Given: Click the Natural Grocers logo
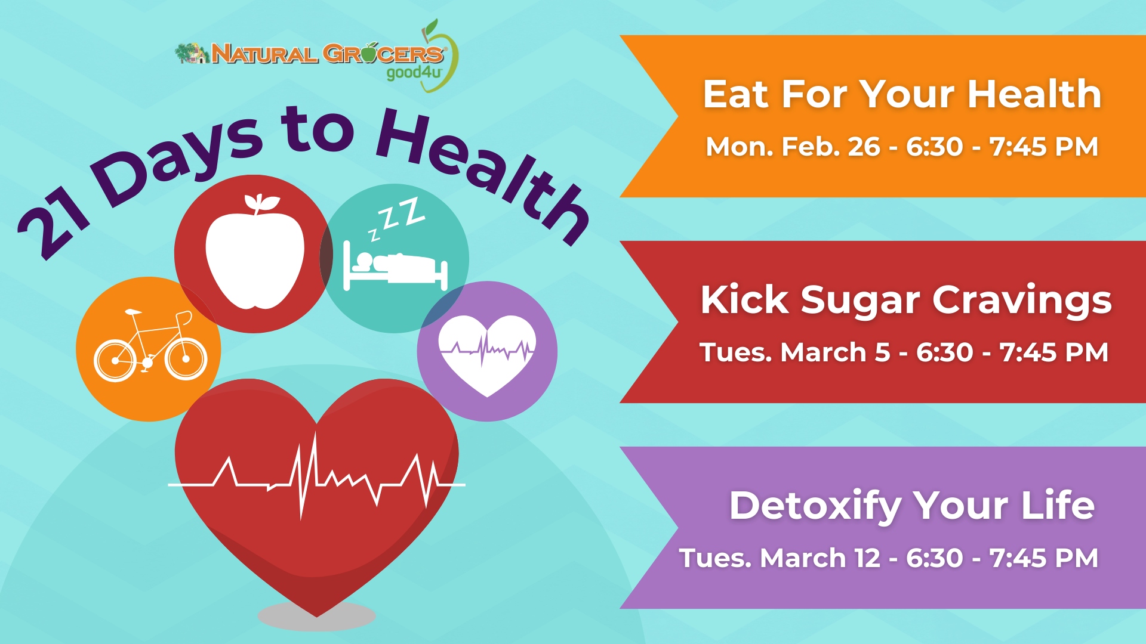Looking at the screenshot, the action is (x=317, y=56).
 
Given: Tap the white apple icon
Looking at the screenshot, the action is (x=255, y=253).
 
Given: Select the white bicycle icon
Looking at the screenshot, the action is (x=150, y=345).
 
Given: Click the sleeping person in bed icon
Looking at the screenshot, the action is (x=395, y=265).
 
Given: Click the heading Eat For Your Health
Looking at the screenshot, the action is (x=902, y=94).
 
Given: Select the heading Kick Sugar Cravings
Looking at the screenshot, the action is (x=906, y=300).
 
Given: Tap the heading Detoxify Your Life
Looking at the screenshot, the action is (x=912, y=506).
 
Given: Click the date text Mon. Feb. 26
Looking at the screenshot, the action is (x=793, y=147).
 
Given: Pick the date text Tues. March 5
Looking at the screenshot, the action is (x=795, y=352).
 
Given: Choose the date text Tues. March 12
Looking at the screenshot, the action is (x=780, y=558).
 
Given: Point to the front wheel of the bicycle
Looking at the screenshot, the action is (x=186, y=359).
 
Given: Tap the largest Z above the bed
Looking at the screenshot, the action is (x=411, y=212).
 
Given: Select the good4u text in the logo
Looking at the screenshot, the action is (x=414, y=73).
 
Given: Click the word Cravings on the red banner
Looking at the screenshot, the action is (x=1022, y=301).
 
